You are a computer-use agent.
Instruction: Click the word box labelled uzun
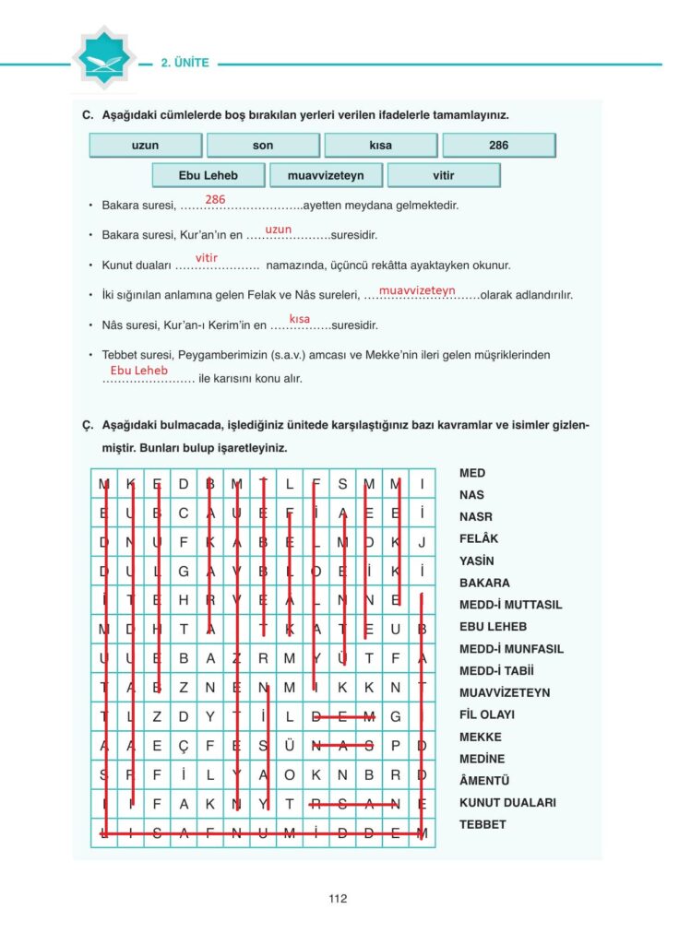pos(146,146)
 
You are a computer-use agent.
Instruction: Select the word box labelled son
pos(263,146)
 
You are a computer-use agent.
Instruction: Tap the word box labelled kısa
pos(380,146)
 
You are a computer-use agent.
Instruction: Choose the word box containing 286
pos(498,146)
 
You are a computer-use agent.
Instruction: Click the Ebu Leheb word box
pos(208,175)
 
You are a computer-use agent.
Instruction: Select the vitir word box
pos(444,175)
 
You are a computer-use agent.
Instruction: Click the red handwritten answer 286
pos(215,199)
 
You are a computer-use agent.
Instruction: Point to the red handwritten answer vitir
pos(206,258)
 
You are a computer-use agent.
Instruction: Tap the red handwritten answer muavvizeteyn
pos(417,289)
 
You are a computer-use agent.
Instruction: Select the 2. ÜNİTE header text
pos(185,64)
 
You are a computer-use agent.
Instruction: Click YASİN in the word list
pos(477,560)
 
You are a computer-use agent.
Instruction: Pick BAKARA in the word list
pos(484,583)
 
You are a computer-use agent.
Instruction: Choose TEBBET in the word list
pos(482,824)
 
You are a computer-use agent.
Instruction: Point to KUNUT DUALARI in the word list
pos(507,802)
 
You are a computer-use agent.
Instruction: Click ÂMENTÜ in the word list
pos(484,781)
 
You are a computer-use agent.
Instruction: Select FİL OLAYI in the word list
pos(487,714)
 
